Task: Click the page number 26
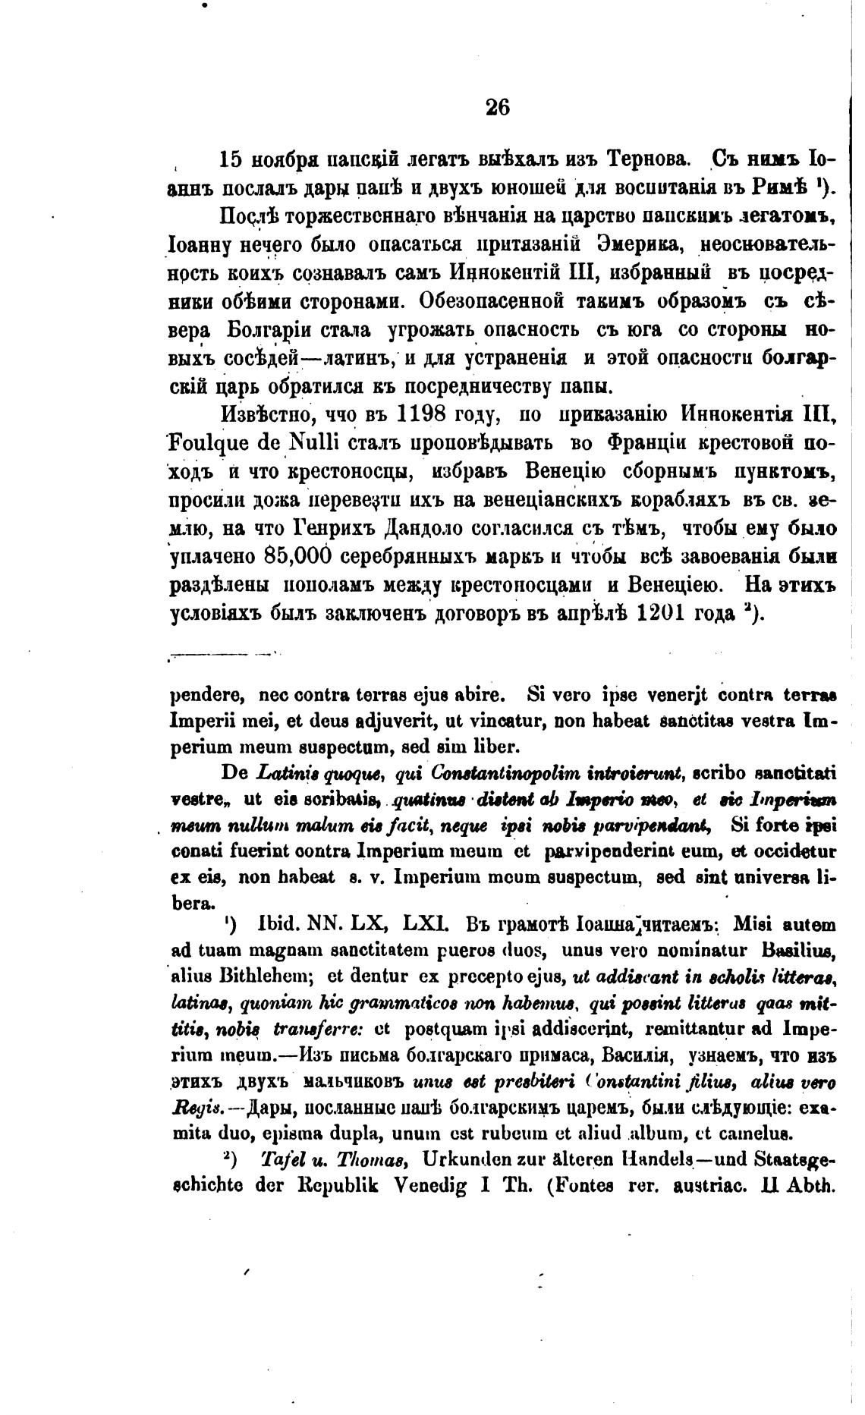click(497, 107)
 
